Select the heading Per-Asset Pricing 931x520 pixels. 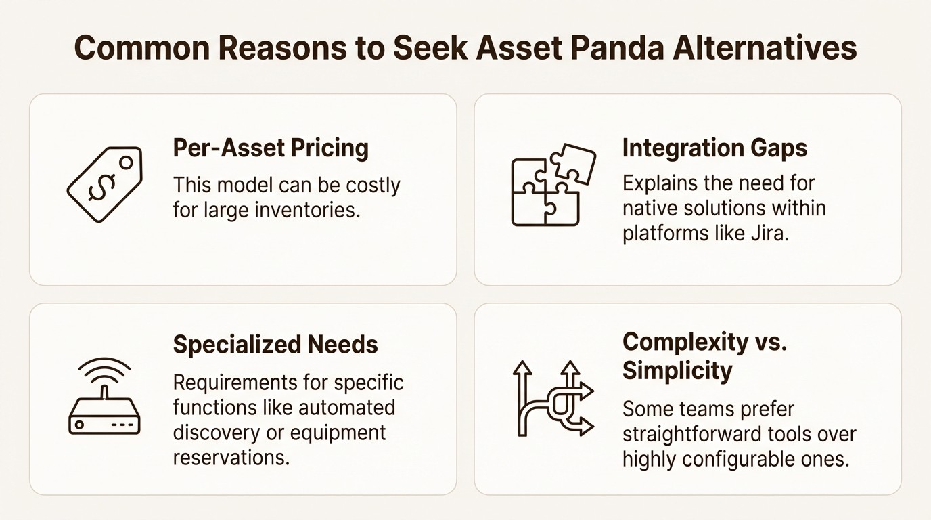(x=271, y=148)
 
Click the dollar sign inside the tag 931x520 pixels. (x=100, y=186)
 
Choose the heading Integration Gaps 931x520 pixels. (x=714, y=148)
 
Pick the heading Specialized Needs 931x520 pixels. (x=275, y=345)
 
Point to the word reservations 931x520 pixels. (x=231, y=457)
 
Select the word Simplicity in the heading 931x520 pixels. (x=677, y=371)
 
